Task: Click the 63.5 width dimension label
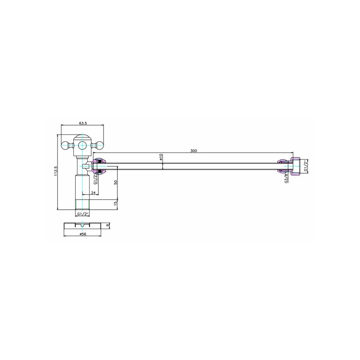pos(83,123)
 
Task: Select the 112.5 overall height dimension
pos(55,171)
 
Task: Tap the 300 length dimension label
pos(193,151)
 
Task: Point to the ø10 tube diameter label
pos(161,157)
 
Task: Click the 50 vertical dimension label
pos(116,182)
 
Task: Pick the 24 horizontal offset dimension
pos(93,193)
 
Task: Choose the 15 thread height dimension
pos(116,203)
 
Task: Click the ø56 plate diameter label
pos(83,234)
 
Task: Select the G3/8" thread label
pos(286,178)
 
